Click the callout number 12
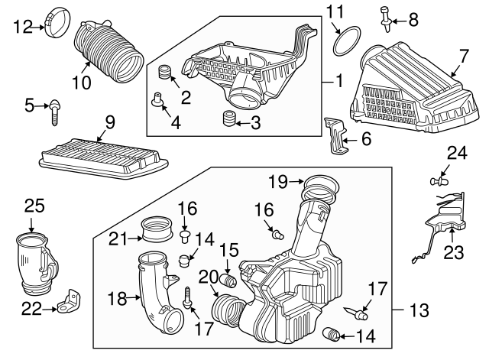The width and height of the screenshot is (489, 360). (24, 28)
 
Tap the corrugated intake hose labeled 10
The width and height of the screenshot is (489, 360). (111, 51)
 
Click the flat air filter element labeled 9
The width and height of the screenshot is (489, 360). (102, 154)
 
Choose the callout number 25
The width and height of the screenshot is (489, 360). (34, 206)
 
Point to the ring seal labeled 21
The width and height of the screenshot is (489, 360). (158, 229)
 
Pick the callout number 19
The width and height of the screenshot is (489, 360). (277, 182)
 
